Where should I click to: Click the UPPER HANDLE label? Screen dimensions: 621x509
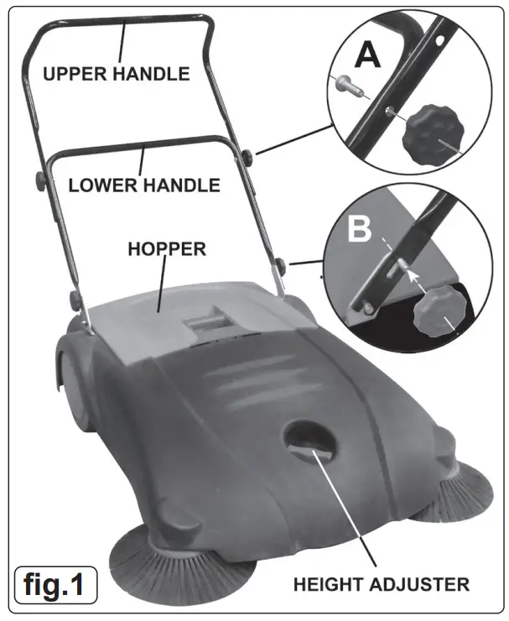click(x=116, y=74)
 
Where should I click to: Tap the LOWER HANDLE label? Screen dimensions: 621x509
click(x=144, y=184)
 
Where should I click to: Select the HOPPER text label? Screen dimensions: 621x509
click(x=166, y=249)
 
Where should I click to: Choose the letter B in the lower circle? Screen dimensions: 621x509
click(x=358, y=229)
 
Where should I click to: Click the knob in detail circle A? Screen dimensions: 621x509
click(x=433, y=133)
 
